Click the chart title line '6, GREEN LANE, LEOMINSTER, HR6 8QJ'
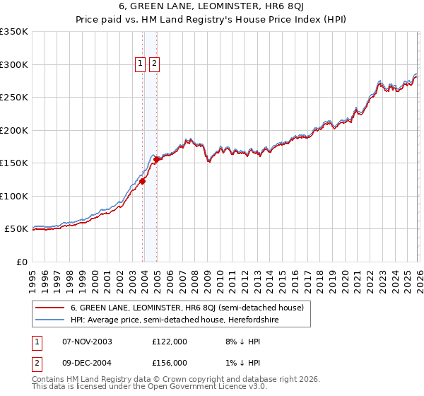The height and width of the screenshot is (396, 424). [212, 7]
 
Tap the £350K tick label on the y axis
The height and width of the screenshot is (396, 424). [14, 32]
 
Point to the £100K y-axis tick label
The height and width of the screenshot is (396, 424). [14, 196]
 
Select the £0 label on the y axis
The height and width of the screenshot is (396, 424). [23, 262]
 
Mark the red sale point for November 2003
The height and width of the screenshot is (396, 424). [143, 181]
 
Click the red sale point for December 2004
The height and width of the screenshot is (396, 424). [156, 159]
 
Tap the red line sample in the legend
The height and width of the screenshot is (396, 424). [49, 308]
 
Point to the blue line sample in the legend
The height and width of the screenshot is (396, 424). [49, 320]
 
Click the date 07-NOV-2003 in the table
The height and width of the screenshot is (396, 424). [87, 342]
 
